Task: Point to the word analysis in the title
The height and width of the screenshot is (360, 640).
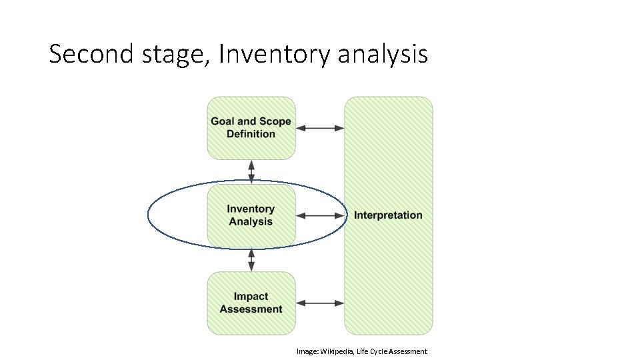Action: tap(383, 54)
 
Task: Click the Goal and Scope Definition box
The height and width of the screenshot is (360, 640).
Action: tap(251, 127)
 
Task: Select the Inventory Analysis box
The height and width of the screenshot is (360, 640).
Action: tap(251, 215)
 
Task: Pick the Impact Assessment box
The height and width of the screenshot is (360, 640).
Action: tap(251, 303)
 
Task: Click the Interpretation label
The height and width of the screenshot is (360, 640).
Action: tap(388, 215)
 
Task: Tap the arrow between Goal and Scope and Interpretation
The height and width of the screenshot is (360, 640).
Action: tap(320, 128)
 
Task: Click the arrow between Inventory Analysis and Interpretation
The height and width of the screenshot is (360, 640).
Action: tap(320, 215)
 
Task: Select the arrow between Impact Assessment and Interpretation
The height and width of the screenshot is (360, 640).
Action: tap(320, 303)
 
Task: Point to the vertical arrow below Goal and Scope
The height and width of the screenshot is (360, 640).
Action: tap(251, 171)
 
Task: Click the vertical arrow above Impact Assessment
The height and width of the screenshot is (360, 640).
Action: tap(251, 260)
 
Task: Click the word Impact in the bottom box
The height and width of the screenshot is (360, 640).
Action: tap(251, 297)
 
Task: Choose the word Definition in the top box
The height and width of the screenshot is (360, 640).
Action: tap(251, 134)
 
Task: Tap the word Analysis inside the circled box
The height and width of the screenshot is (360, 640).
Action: tap(251, 222)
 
